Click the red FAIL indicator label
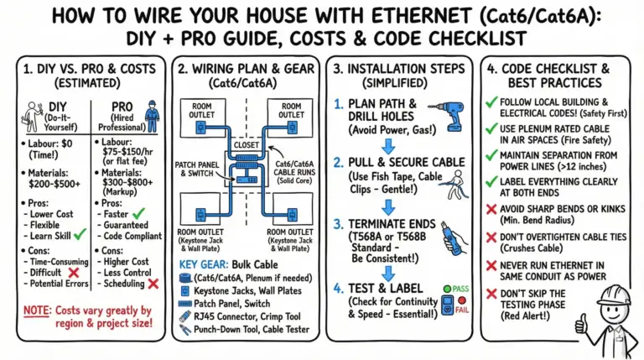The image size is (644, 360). (x=459, y=309)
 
